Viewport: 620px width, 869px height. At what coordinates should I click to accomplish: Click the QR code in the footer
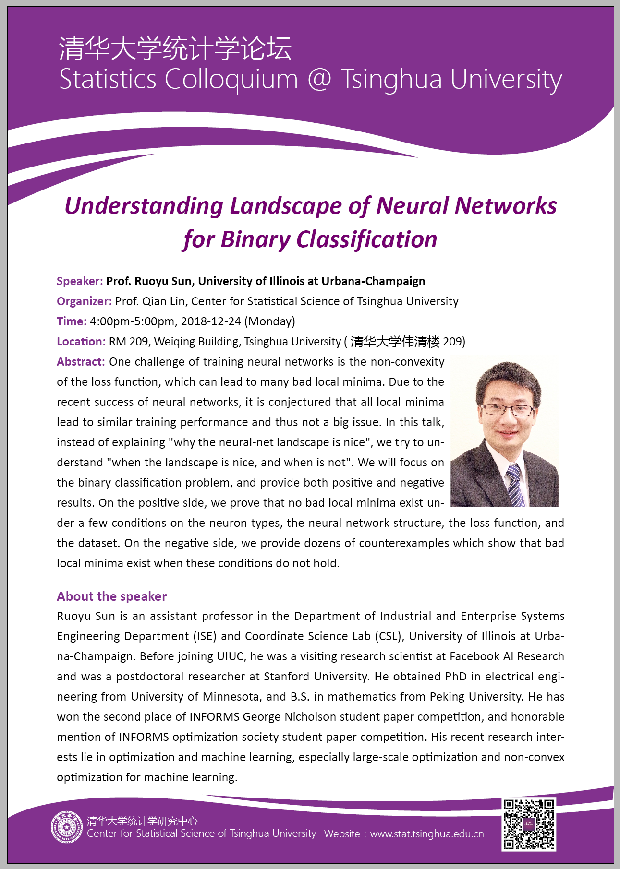pos(528,824)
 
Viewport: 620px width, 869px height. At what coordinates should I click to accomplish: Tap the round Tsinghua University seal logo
pos(67,827)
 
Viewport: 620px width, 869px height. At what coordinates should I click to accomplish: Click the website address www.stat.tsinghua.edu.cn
pos(427,834)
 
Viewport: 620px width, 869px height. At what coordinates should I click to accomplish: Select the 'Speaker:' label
pos(80,281)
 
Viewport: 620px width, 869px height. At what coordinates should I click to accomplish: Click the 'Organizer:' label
pos(84,301)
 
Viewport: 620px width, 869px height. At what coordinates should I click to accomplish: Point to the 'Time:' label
pos(72,321)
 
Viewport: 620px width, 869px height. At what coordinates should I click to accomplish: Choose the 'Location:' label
pos(81,342)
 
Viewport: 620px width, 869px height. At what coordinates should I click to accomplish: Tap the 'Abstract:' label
pos(81,362)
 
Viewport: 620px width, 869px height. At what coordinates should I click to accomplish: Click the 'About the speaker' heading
pos(111,596)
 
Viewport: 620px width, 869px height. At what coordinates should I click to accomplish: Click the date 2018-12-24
pos(211,321)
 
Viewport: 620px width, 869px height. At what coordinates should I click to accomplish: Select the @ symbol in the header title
pos(319,79)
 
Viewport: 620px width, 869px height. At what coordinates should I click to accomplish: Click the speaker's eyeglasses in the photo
pos(507,410)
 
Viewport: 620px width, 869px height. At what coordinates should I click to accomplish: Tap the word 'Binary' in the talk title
pos(255,239)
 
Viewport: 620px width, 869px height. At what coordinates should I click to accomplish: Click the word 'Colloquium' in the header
pos(231,80)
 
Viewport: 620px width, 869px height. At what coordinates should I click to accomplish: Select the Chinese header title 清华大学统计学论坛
pos(175,48)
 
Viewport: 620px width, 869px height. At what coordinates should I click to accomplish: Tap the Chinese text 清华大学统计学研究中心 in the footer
pos(142,821)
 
